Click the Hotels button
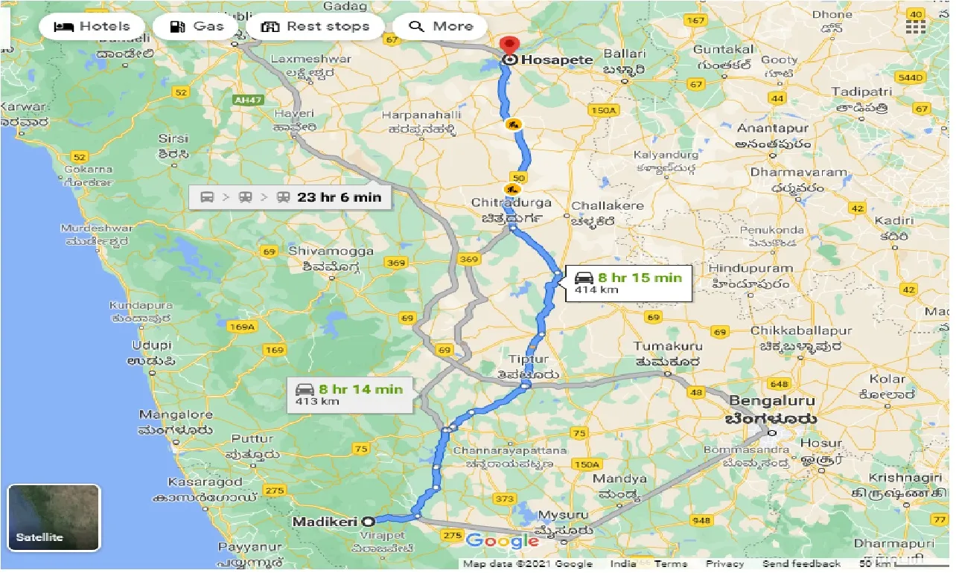[92, 27]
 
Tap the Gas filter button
[197, 27]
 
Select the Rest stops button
[316, 27]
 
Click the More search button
[442, 27]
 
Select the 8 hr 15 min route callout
[628, 284]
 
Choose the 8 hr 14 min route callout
[350, 394]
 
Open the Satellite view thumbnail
[54, 518]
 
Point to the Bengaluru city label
[771, 402]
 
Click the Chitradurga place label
[511, 202]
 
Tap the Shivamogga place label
[331, 252]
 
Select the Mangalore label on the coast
[176, 415]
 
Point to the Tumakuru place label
[668, 346]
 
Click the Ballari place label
[624, 54]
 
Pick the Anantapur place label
[773, 128]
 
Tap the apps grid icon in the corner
[916, 27]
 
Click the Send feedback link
[801, 564]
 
